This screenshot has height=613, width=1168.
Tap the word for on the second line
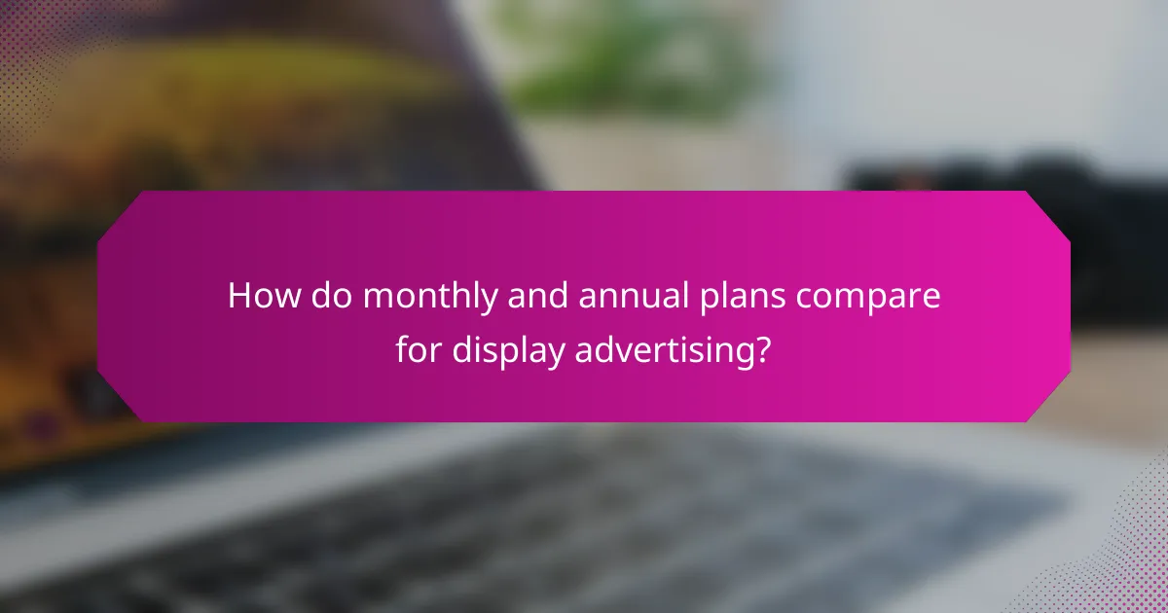(419, 350)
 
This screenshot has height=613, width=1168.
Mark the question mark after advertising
(765, 350)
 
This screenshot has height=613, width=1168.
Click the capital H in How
(240, 297)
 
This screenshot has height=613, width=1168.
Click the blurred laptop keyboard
(584, 516)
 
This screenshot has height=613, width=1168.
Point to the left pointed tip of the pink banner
(100, 306)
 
